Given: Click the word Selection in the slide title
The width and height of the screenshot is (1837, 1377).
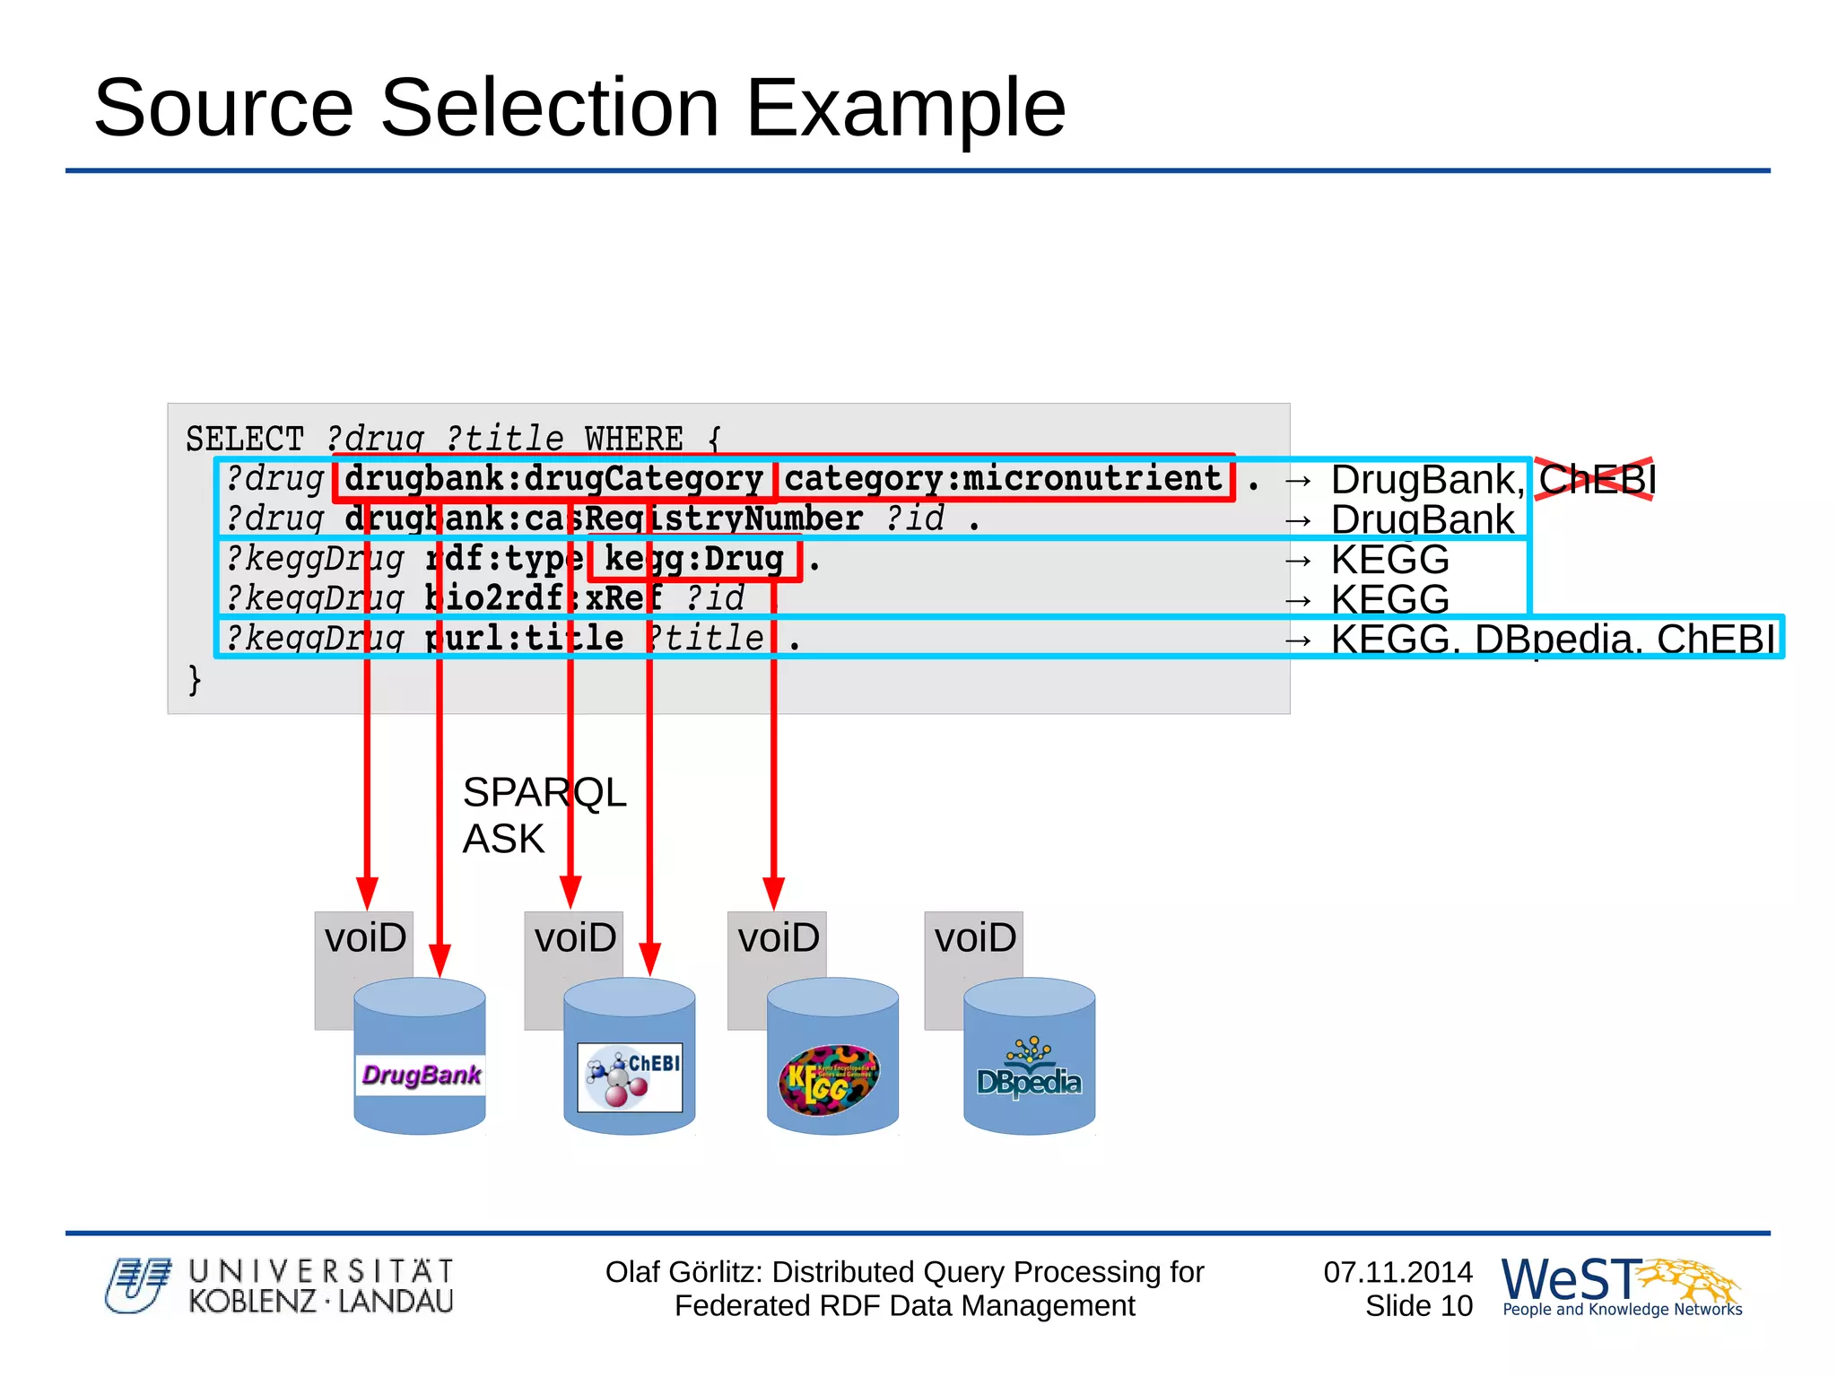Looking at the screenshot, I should [x=550, y=108].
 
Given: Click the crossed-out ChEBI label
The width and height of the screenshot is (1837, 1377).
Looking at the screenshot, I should [x=1596, y=479].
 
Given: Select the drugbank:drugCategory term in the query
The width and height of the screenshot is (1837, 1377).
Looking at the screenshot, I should [x=553, y=478].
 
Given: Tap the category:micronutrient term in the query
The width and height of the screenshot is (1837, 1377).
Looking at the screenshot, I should [x=1003, y=478].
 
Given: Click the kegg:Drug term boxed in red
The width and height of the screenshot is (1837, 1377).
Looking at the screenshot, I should [x=693, y=559].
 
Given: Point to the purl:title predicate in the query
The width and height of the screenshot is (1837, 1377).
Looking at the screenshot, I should [x=525, y=638].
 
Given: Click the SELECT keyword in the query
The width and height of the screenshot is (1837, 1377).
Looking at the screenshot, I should [x=244, y=439].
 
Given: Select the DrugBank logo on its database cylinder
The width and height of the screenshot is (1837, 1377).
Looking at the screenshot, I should [x=421, y=1074].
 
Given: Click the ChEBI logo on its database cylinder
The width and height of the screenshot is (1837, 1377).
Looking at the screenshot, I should [x=630, y=1076].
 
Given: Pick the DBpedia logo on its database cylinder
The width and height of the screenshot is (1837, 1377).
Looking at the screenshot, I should [x=1029, y=1072].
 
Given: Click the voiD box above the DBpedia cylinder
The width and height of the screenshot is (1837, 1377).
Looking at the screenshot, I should [x=974, y=938].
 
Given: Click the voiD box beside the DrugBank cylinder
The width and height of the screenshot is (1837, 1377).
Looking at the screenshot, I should [x=364, y=938].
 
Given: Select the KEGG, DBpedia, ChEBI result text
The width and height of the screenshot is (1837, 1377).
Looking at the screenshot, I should [x=1552, y=639].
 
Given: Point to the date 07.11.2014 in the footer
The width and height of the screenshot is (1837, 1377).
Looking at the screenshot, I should [x=1397, y=1271].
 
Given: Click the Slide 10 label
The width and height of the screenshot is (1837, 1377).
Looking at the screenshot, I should [x=1418, y=1306].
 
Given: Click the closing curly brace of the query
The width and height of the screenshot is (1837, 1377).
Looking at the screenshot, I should [x=195, y=679].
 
